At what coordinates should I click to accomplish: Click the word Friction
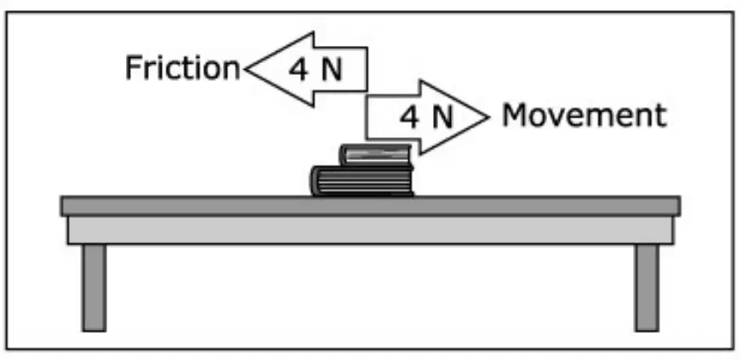(x=182, y=67)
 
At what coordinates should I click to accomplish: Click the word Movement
(x=584, y=115)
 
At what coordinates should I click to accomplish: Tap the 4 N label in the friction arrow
(x=316, y=71)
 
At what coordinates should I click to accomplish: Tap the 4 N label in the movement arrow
(x=426, y=117)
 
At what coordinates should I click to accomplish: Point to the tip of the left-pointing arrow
(x=245, y=70)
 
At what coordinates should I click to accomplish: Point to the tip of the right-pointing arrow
(x=488, y=117)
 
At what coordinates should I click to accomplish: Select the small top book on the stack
(x=376, y=155)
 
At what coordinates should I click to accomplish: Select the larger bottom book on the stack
(x=362, y=180)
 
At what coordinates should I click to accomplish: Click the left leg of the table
(x=94, y=288)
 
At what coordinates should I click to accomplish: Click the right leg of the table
(x=647, y=288)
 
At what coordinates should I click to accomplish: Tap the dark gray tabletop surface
(x=371, y=206)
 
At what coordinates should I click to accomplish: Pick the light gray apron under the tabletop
(x=371, y=230)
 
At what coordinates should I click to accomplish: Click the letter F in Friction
(x=133, y=67)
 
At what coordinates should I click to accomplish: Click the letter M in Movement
(x=514, y=115)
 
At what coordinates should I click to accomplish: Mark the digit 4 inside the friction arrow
(x=299, y=71)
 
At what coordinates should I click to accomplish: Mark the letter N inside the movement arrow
(x=442, y=117)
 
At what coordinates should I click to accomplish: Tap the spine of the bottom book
(x=315, y=180)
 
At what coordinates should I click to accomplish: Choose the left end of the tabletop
(x=61, y=206)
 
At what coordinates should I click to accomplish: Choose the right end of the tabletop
(x=680, y=206)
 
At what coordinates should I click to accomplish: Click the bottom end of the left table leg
(x=94, y=331)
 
